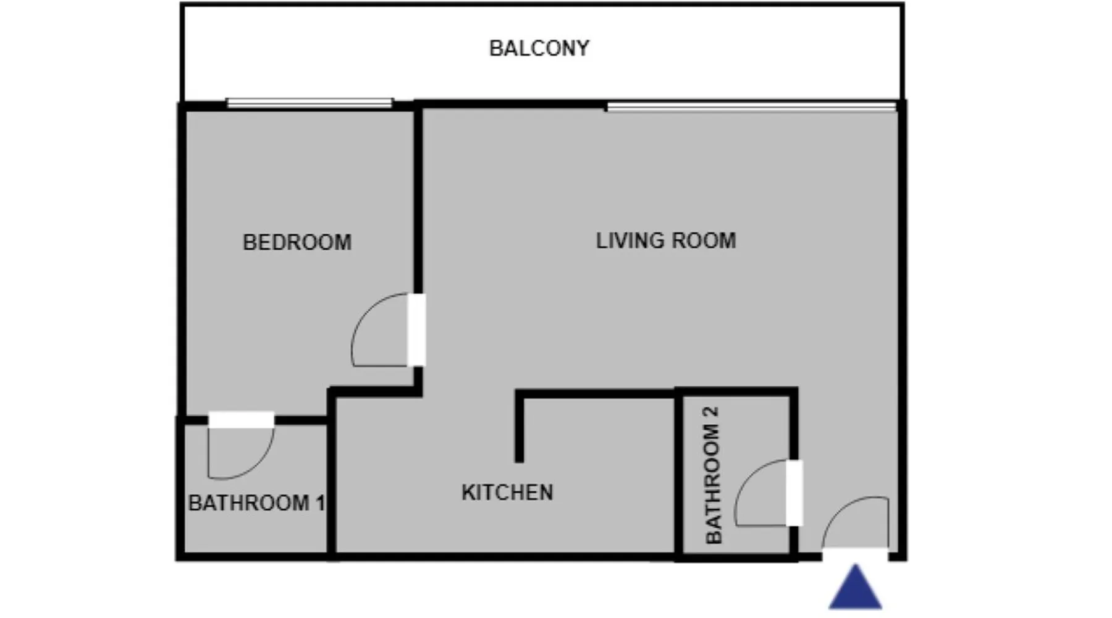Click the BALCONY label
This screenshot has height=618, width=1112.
tap(539, 48)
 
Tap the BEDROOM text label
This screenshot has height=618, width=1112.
tap(297, 242)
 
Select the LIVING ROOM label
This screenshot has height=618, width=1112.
tap(666, 240)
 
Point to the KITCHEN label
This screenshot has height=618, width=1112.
tap(507, 493)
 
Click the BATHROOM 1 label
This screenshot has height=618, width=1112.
tap(256, 503)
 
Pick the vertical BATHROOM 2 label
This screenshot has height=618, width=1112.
tap(713, 475)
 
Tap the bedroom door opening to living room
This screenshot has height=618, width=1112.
tap(416, 330)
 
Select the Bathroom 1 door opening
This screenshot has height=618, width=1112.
tap(241, 420)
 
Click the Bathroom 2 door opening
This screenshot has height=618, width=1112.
tap(794, 493)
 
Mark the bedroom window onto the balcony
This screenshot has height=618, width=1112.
tap(310, 103)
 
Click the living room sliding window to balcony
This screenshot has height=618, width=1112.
tap(751, 107)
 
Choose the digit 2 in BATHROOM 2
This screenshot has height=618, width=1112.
tap(713, 412)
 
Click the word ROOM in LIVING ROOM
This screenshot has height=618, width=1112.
tap(704, 240)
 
